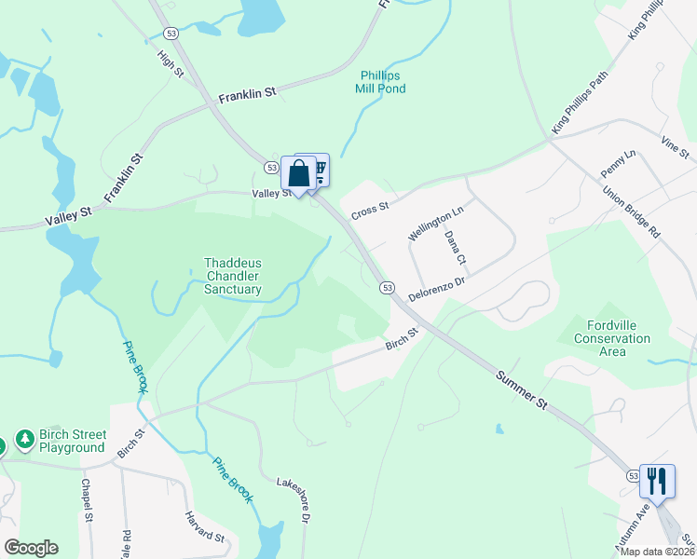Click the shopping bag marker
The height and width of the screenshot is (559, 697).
point(298,173)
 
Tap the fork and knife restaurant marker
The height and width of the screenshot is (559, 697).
point(658,482)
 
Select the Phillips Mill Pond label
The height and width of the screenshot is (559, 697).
point(380,82)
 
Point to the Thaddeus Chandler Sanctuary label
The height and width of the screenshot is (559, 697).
point(233,277)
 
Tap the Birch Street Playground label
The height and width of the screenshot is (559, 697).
point(72,441)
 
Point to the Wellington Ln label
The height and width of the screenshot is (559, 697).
point(435,225)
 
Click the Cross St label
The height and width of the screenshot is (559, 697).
point(369,211)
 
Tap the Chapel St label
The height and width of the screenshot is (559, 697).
point(86,500)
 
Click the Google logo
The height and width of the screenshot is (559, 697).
point(31,548)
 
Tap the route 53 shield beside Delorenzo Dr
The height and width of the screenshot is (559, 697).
point(388,288)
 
